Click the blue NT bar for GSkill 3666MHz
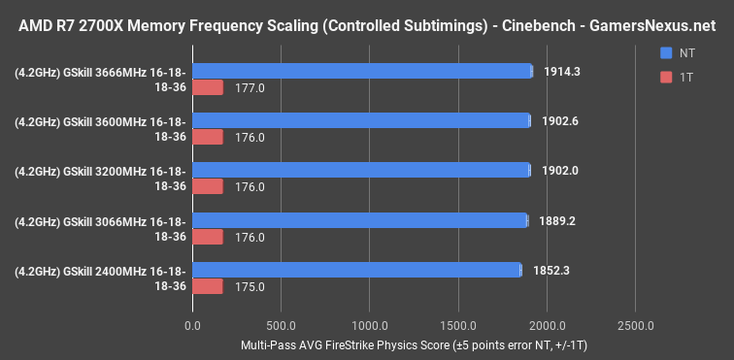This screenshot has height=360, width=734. [362, 71]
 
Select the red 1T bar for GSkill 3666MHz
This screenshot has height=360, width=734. [208, 88]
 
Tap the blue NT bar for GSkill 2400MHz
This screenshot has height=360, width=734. [356, 270]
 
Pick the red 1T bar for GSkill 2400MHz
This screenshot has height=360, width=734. [208, 286]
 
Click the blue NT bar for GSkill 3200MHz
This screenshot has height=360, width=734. [361, 170]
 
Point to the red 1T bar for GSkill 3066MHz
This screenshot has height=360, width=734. [208, 237]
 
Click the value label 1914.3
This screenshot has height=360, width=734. [565, 71]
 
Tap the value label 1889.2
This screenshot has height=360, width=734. [557, 220]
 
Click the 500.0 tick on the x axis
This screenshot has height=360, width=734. [282, 323]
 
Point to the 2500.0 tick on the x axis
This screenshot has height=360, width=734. [635, 323]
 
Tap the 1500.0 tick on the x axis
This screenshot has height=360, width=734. [458, 323]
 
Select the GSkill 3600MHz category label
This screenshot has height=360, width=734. [101, 128]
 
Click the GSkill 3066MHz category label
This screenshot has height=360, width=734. [101, 228]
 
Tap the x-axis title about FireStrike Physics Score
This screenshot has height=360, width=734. [413, 344]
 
